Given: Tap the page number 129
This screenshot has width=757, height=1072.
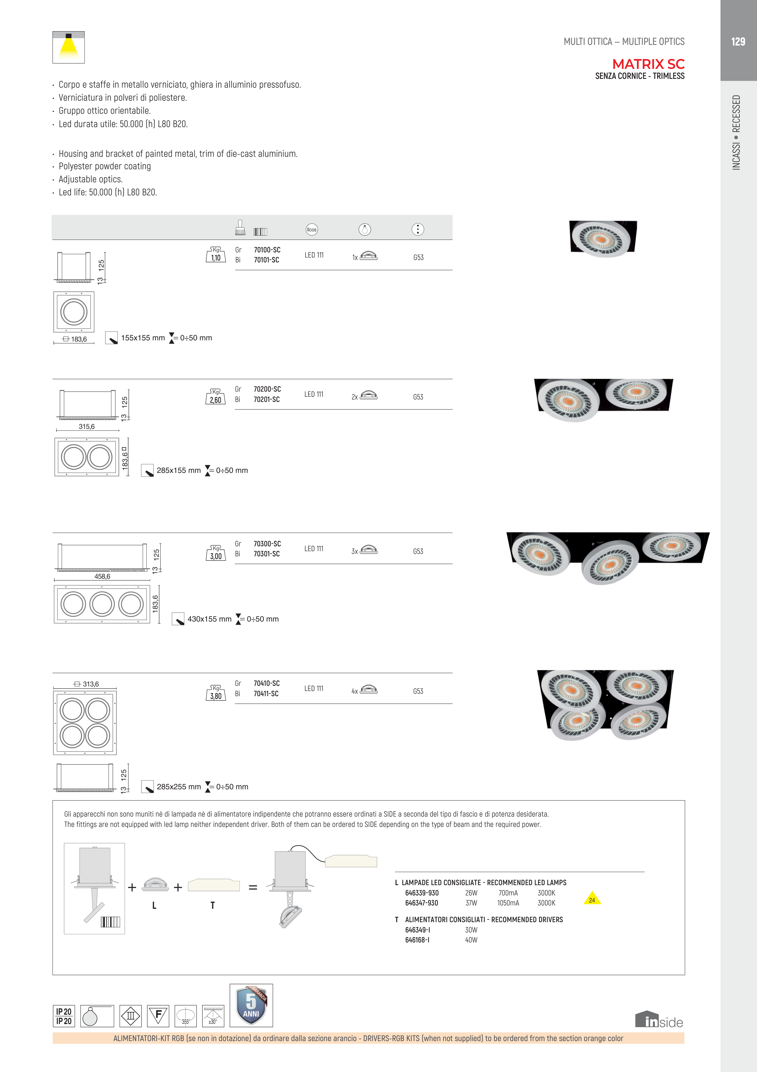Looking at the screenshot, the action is point(738,42).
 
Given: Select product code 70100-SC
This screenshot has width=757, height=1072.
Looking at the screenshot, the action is point(267,250).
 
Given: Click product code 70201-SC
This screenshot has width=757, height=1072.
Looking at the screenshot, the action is point(266,399).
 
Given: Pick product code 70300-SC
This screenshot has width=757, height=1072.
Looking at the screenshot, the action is point(267,544).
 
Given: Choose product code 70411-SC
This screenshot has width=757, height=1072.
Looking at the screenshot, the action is point(266,693).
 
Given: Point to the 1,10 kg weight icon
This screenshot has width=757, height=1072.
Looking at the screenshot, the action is point(216,255).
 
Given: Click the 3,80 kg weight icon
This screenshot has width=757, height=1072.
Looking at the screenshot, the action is point(216,693).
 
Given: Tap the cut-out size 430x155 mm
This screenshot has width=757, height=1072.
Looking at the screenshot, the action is point(209,619).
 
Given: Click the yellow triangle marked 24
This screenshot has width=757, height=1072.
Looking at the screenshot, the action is point(592,898).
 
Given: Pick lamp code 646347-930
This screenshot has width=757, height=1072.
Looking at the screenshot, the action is point(421,903).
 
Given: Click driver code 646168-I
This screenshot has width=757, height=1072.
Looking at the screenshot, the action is point(417,940).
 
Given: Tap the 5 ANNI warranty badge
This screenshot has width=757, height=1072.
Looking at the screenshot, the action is point(251,1005).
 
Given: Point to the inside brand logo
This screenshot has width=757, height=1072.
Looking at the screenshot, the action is point(659,1020).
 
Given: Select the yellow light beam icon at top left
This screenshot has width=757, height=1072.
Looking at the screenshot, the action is point(69,47).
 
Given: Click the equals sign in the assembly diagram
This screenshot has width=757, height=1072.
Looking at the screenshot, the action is point(253,887).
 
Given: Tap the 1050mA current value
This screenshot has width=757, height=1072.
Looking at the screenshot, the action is point(508,903).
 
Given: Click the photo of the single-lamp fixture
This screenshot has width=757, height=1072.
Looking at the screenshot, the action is point(603,239).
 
